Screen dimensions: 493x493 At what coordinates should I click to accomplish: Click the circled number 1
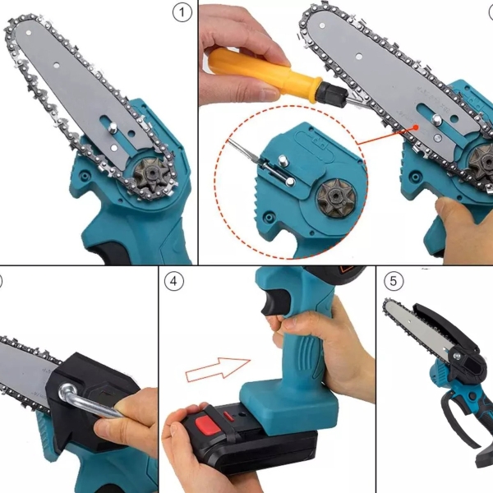click(x=182, y=13)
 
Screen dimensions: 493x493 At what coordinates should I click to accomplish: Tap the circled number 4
click(x=173, y=281)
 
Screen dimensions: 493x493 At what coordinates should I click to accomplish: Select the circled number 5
click(x=394, y=281)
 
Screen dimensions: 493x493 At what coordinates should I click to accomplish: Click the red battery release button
click(x=209, y=424)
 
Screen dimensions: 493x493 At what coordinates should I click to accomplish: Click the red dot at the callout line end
click(x=416, y=127)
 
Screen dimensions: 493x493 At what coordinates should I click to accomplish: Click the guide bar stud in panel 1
click(x=113, y=127)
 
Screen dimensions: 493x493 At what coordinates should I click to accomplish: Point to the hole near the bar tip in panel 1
click(x=28, y=33)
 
